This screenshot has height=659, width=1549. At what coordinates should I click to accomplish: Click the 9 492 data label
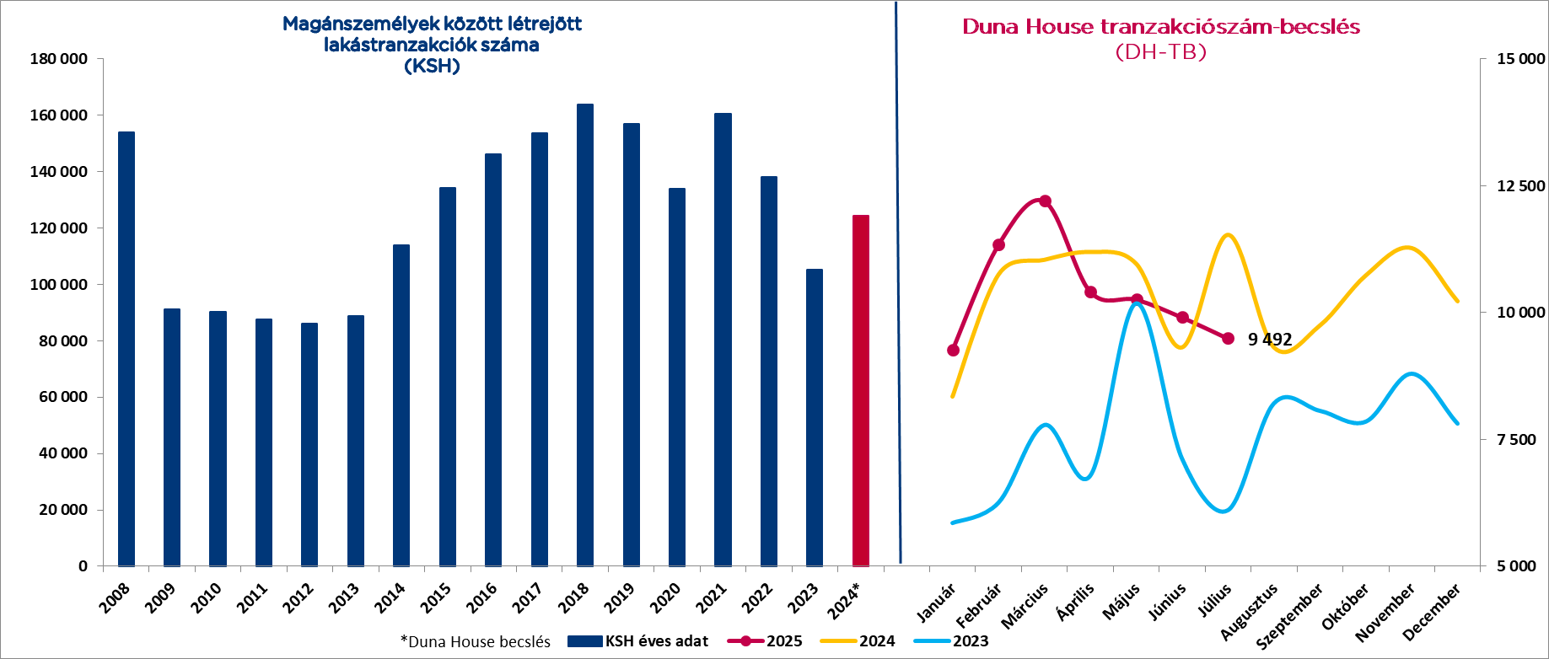(1270, 340)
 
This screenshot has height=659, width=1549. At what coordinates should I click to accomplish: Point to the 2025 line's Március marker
(1046, 201)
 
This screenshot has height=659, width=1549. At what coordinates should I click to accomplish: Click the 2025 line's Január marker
(954, 350)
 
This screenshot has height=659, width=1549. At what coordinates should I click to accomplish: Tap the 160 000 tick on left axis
(59, 115)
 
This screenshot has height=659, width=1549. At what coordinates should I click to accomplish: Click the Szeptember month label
(1291, 617)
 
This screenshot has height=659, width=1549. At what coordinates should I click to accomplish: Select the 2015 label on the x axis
(436, 597)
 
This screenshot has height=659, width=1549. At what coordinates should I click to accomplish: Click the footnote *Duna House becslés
(475, 642)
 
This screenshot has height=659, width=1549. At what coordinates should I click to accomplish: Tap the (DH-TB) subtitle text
(1160, 52)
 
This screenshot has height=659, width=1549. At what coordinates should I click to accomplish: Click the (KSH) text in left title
(432, 66)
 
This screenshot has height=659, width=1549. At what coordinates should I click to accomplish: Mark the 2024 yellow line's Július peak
(1228, 235)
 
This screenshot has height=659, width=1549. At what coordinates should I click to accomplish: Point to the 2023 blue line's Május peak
(1137, 303)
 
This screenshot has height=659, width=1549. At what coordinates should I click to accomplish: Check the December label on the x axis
(1432, 612)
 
